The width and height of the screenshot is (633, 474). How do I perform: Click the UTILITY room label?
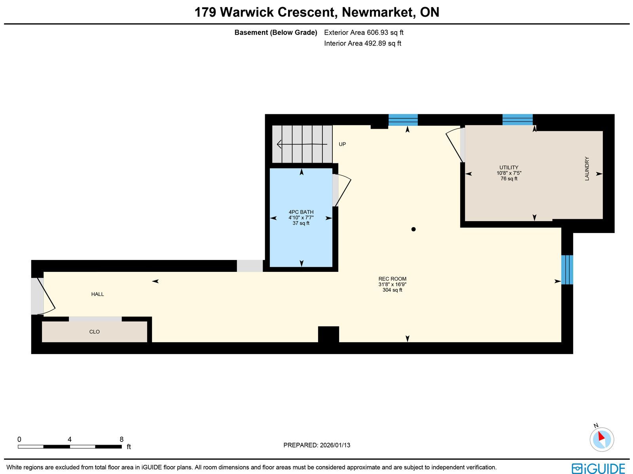click(x=509, y=168)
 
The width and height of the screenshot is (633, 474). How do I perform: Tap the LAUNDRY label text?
click(x=587, y=169)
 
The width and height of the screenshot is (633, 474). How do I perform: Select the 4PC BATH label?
click(x=301, y=212)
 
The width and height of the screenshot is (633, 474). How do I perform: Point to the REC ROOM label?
click(x=392, y=279)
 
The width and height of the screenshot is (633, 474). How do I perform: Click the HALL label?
click(x=97, y=294)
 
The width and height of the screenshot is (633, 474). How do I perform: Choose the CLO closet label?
click(x=95, y=332)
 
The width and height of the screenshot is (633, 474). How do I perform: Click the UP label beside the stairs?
click(x=342, y=144)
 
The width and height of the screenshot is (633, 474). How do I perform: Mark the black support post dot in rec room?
click(x=413, y=229)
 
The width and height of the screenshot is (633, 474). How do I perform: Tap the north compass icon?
click(x=602, y=439)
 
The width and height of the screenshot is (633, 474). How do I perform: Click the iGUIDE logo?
click(x=598, y=468)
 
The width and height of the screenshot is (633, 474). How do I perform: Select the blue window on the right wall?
click(x=567, y=270)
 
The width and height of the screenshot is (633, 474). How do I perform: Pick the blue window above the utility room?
click(x=517, y=119)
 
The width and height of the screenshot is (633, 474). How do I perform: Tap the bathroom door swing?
click(x=343, y=191)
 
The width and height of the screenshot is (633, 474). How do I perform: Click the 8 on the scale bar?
click(x=121, y=439)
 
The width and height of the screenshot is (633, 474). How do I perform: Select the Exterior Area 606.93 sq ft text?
click(x=364, y=33)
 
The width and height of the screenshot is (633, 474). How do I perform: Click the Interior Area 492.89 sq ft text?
click(x=362, y=44)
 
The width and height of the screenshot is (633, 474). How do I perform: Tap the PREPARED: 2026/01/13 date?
click(x=316, y=445)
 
